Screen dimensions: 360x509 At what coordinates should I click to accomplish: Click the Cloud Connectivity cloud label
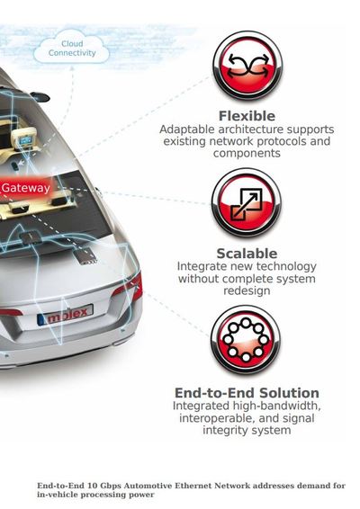point(72,48)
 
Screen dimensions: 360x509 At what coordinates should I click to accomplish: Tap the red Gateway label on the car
point(26,188)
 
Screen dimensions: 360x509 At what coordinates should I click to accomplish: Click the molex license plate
point(65,314)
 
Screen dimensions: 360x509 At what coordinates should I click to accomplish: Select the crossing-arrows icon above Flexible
point(247,66)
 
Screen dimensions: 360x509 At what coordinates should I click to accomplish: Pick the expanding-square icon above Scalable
point(247,203)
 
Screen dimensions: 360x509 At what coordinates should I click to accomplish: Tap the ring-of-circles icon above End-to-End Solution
point(246,340)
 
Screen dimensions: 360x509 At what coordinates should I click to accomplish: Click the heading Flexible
point(247,116)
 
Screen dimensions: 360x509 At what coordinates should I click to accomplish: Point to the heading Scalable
point(247,254)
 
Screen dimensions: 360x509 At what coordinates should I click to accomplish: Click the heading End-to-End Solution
point(247,393)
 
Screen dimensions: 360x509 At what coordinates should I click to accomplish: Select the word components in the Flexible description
point(247,153)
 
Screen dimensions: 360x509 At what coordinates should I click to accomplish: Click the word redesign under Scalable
point(247,290)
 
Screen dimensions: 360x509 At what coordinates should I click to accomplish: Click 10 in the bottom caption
point(92,486)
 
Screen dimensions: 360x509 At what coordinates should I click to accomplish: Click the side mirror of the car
point(40,97)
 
